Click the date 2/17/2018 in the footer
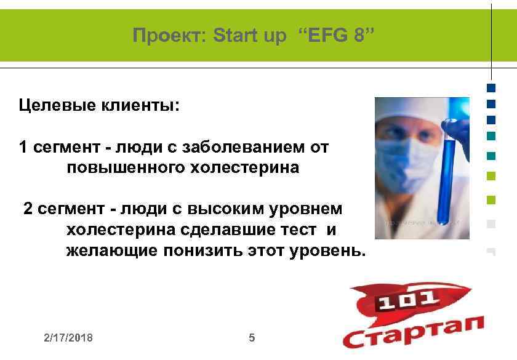68,338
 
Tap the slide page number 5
251,338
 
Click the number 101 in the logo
407,301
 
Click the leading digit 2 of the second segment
28,209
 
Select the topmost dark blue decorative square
491,88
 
